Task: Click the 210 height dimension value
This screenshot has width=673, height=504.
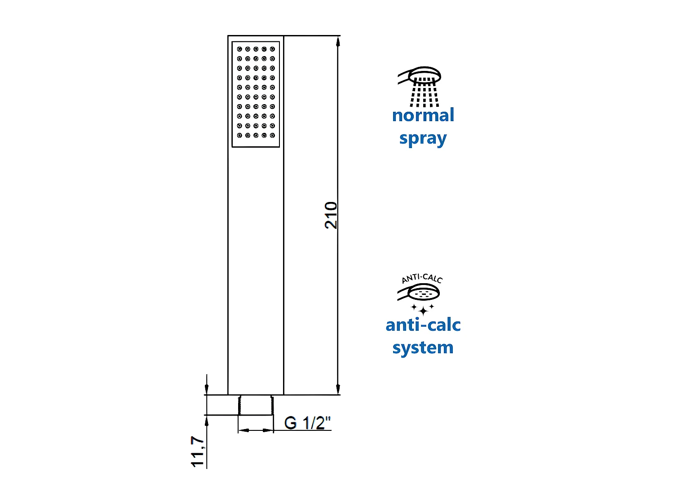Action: click(x=331, y=215)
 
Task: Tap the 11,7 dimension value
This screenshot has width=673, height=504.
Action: click(x=197, y=451)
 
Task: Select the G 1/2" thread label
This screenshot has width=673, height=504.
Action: click(x=307, y=423)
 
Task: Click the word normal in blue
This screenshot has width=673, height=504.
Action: click(x=423, y=115)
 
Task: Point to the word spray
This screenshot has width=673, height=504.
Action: click(x=423, y=139)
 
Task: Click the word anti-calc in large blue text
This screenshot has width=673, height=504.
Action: click(x=423, y=325)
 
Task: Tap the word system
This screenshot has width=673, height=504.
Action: click(x=423, y=348)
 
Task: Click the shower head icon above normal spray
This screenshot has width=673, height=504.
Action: click(x=421, y=76)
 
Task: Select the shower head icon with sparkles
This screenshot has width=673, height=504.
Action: click(x=419, y=293)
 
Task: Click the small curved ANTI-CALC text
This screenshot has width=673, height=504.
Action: click(x=422, y=279)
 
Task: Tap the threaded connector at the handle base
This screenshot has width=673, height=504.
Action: click(x=255, y=405)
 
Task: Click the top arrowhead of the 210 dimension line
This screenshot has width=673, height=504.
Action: click(x=338, y=41)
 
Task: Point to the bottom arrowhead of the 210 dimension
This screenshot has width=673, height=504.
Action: click(x=338, y=389)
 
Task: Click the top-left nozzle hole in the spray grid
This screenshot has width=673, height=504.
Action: click(x=239, y=49)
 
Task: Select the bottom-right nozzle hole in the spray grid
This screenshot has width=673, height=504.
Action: click(x=272, y=135)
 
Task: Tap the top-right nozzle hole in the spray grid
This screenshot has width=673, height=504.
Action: click(x=272, y=49)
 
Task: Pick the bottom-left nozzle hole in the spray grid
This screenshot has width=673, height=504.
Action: click(x=239, y=135)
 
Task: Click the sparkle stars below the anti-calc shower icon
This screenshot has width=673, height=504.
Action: click(x=423, y=309)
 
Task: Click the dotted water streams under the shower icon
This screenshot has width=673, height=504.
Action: click(x=424, y=93)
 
